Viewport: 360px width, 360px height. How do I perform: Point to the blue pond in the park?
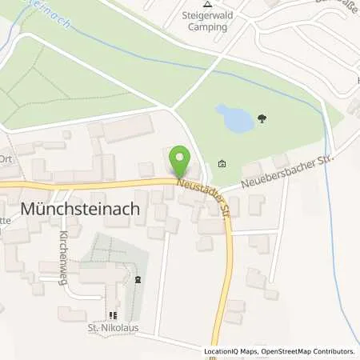point(234,119)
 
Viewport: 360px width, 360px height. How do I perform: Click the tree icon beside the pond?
point(262,120)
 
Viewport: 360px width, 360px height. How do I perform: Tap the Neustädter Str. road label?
point(203,197)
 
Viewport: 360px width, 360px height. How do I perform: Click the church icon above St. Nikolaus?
point(113,314)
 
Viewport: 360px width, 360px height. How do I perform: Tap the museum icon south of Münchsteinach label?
point(138,279)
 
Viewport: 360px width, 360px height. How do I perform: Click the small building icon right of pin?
point(222,165)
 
